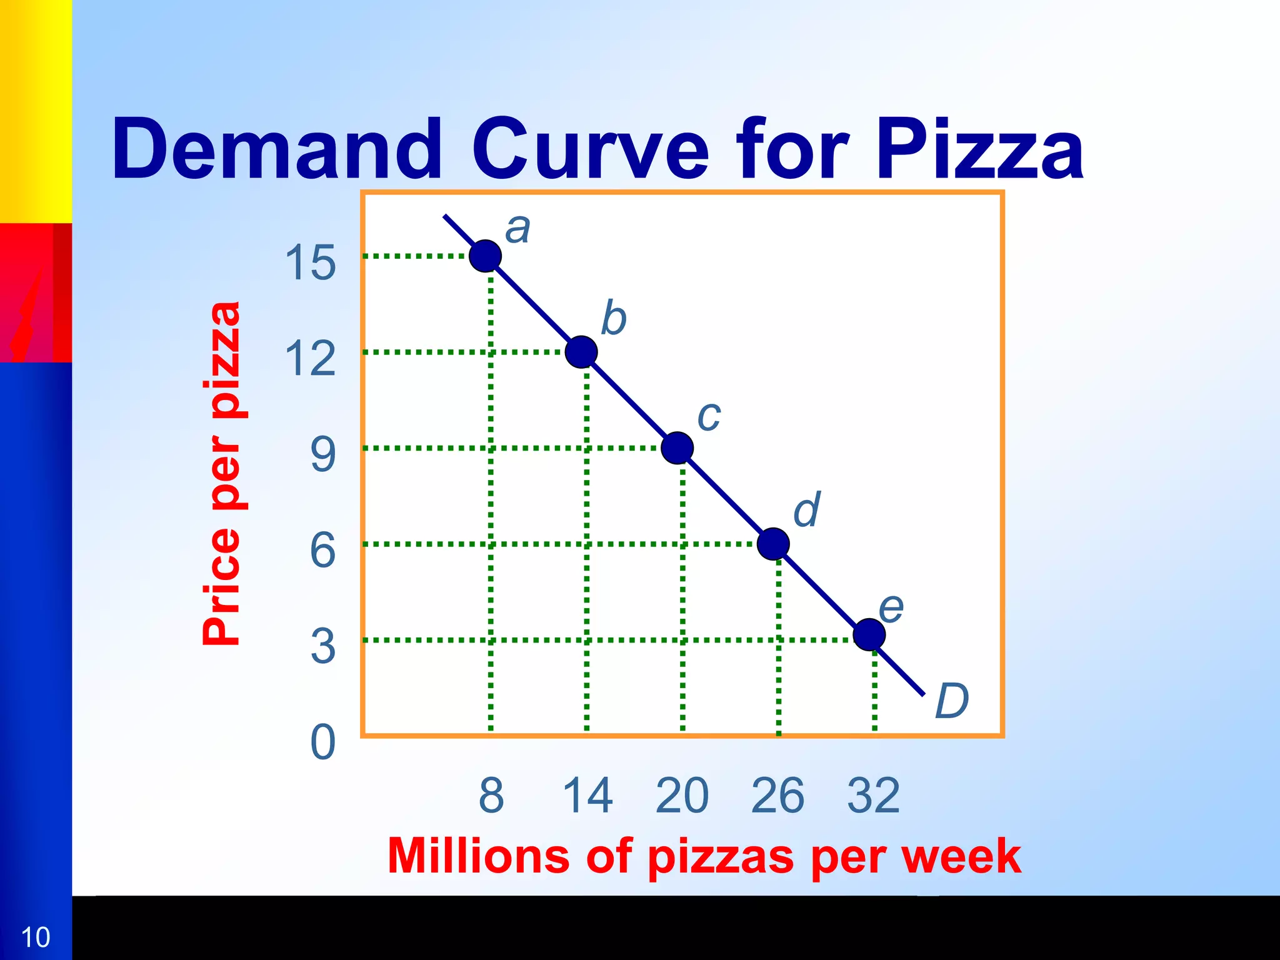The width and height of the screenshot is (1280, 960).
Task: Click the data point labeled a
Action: coord(485,256)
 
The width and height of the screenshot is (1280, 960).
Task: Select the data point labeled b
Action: coord(581,352)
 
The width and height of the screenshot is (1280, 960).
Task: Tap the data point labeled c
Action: coord(677,447)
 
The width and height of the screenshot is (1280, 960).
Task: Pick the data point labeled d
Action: coord(773,543)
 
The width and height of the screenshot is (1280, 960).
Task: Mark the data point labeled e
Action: coord(869,635)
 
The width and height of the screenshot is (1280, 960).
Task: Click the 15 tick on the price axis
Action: coord(311,262)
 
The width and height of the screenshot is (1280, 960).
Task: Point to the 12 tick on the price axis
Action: coord(311,359)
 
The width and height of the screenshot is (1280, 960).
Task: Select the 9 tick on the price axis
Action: coord(322,455)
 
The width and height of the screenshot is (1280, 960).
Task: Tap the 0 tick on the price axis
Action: coord(322,742)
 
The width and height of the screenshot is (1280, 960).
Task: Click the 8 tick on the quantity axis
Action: coord(491,796)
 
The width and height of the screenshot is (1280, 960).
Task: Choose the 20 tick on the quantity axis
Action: coord(682,796)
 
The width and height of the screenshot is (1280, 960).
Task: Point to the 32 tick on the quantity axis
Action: coord(874,796)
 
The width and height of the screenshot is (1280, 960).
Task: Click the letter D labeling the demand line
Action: coord(951,701)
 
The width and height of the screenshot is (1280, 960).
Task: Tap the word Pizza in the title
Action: coord(979,150)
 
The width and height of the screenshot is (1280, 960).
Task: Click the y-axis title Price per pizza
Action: coord(222,474)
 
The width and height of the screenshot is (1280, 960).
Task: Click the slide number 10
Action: coord(36,937)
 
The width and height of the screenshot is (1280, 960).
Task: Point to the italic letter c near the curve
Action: coord(709,416)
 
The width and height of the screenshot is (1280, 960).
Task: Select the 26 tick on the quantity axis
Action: coord(777,796)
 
